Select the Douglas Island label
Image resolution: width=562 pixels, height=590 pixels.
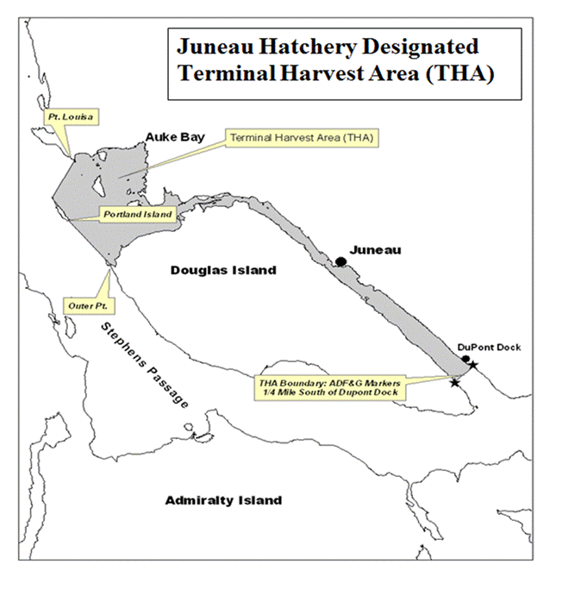(x=223, y=270)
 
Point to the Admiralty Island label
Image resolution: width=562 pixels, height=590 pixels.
(x=223, y=500)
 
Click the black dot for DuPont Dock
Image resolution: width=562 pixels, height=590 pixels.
(x=465, y=359)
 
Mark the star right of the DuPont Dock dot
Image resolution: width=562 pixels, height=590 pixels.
(x=473, y=366)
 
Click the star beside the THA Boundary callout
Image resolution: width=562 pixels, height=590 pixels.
(x=454, y=382)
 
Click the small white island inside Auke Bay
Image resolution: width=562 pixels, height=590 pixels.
(x=99, y=184)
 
